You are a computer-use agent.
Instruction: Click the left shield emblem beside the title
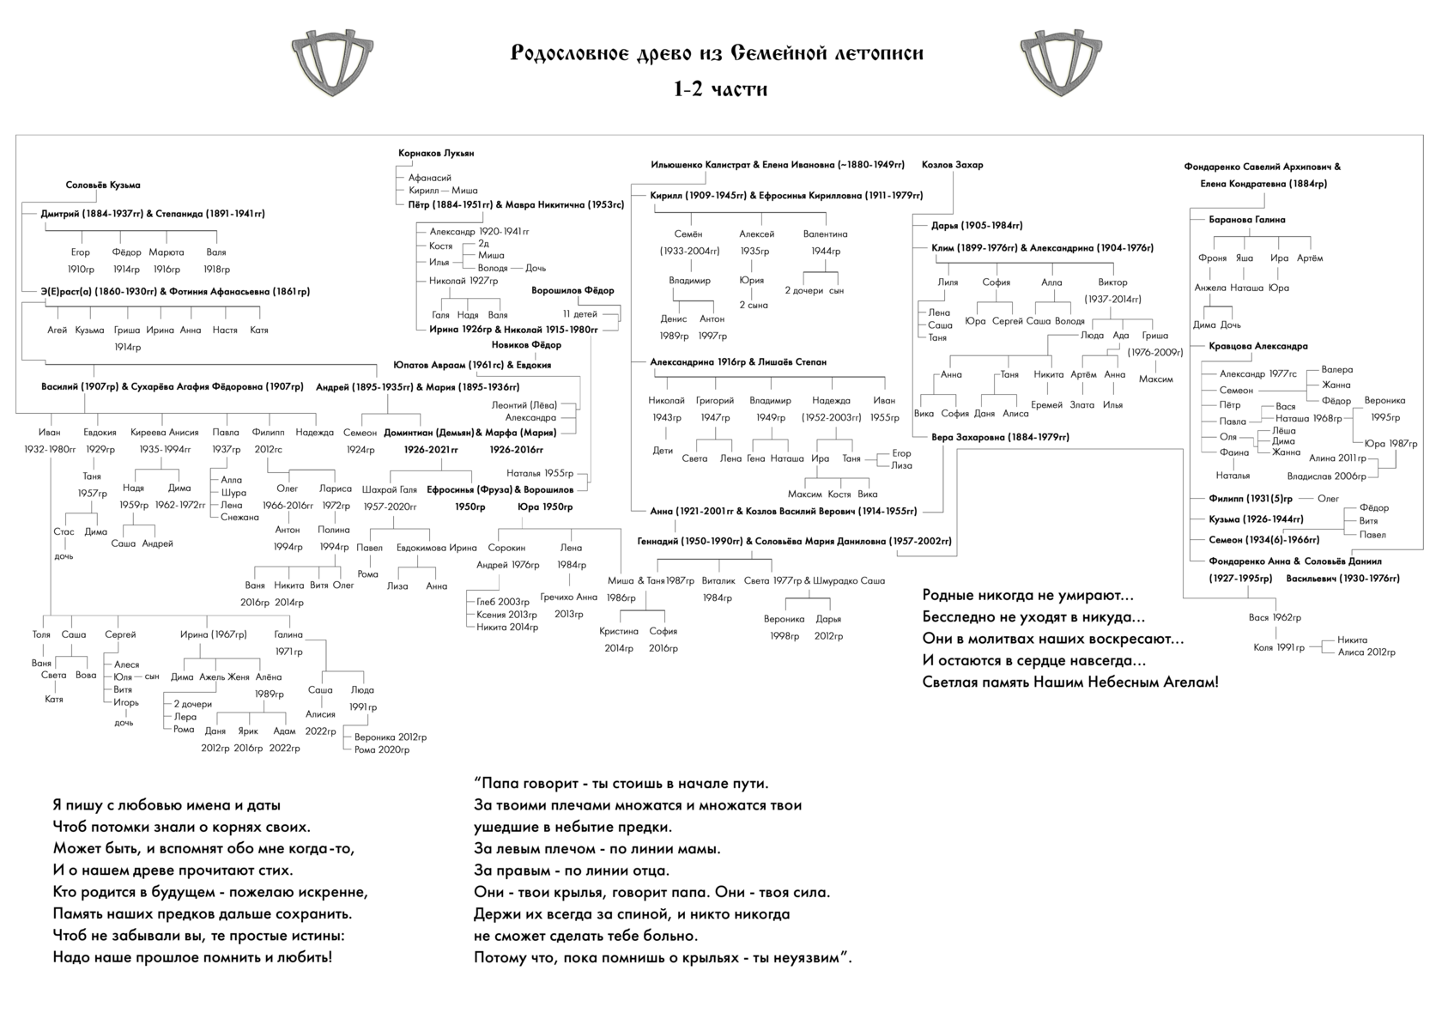pos(332,63)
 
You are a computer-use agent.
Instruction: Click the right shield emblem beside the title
pos(1061,63)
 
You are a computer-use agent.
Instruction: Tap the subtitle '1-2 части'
pos(720,88)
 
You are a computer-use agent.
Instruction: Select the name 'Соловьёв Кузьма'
pos(103,185)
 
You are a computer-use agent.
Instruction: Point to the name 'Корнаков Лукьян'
pos(436,153)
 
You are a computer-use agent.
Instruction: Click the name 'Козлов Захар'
pos(952,165)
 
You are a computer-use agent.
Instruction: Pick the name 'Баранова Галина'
pos(1247,220)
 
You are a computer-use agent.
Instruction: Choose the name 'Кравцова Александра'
pos(1258,346)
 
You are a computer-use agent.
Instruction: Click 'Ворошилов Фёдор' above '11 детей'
pos(573,290)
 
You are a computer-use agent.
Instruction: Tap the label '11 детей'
pos(580,314)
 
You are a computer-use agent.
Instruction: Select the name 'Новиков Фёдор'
pos(526,345)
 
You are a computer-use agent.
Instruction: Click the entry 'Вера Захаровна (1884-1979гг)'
pos(1000,437)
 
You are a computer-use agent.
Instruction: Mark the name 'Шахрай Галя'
pos(390,490)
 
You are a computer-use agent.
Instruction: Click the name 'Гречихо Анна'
pos(568,597)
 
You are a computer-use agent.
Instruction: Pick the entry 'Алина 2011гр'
pos(1337,458)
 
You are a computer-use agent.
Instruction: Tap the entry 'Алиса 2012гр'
pos(1366,652)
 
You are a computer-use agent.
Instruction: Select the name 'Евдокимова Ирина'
pos(436,548)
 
